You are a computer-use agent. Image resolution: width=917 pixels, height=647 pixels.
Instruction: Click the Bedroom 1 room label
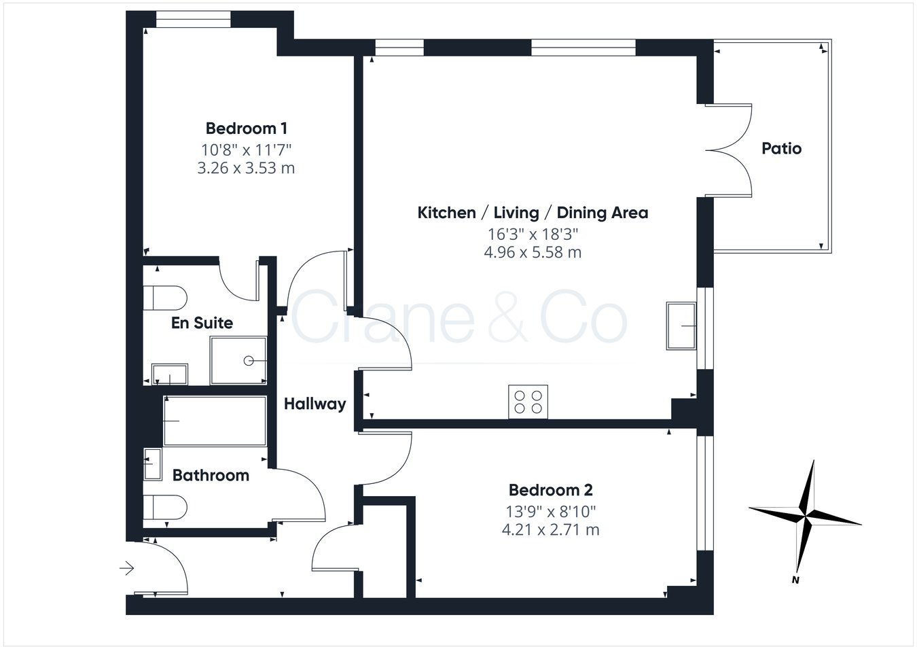point(246,128)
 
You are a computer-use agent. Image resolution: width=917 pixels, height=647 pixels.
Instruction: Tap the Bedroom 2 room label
point(550,490)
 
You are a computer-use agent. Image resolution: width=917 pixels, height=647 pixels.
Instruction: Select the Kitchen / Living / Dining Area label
point(533,213)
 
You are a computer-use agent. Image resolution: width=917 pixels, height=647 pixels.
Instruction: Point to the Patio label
point(781,148)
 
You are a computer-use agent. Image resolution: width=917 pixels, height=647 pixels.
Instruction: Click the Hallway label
point(314,404)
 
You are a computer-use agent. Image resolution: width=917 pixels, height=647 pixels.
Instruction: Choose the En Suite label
point(202,323)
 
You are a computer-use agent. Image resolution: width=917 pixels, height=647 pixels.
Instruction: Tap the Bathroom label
point(211,475)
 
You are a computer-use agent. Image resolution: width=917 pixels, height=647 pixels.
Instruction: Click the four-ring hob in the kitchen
point(528,401)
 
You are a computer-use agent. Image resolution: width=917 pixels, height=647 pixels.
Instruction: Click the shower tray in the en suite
point(238,360)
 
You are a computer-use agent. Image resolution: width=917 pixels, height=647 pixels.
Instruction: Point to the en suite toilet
point(165,297)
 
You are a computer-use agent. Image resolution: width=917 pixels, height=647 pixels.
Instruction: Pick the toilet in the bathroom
point(165,507)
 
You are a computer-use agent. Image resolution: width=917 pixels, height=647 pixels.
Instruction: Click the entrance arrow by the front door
point(127,567)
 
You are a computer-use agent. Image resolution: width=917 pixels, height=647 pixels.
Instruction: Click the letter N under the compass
point(794,580)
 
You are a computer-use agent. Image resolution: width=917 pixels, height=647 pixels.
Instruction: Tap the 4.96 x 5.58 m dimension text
point(533,253)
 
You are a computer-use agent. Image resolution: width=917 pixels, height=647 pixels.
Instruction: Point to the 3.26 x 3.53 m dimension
point(246,168)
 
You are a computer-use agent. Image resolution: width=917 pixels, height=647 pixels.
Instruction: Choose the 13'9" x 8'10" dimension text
point(550,510)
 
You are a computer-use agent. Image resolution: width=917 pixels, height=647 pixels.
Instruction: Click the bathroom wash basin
point(152,464)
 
